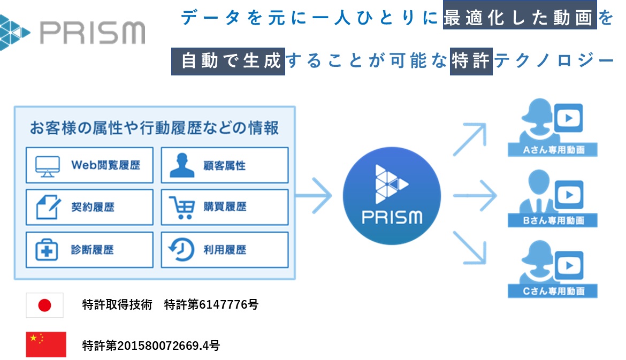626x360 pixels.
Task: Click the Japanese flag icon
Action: [x=45, y=305]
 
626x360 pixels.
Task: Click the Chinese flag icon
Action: [x=46, y=344]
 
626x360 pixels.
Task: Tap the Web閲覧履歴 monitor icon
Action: [x=48, y=166]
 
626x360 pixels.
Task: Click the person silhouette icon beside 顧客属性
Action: [x=182, y=165]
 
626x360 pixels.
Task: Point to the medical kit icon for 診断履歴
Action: [x=47, y=250]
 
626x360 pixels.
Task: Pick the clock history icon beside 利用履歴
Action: [x=182, y=249]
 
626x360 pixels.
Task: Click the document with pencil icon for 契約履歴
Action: [x=48, y=206]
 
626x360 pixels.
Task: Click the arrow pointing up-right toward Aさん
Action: [x=470, y=139]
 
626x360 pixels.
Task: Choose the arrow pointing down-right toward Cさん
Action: [x=470, y=248]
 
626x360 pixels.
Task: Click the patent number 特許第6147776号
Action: [x=211, y=304]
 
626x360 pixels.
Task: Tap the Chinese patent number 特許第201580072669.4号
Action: [x=151, y=345]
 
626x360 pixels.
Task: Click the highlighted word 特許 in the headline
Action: [x=471, y=61]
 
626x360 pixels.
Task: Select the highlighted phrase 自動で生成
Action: [x=228, y=61]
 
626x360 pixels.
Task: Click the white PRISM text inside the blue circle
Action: [x=392, y=217]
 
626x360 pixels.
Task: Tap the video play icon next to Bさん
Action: [x=569, y=195]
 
